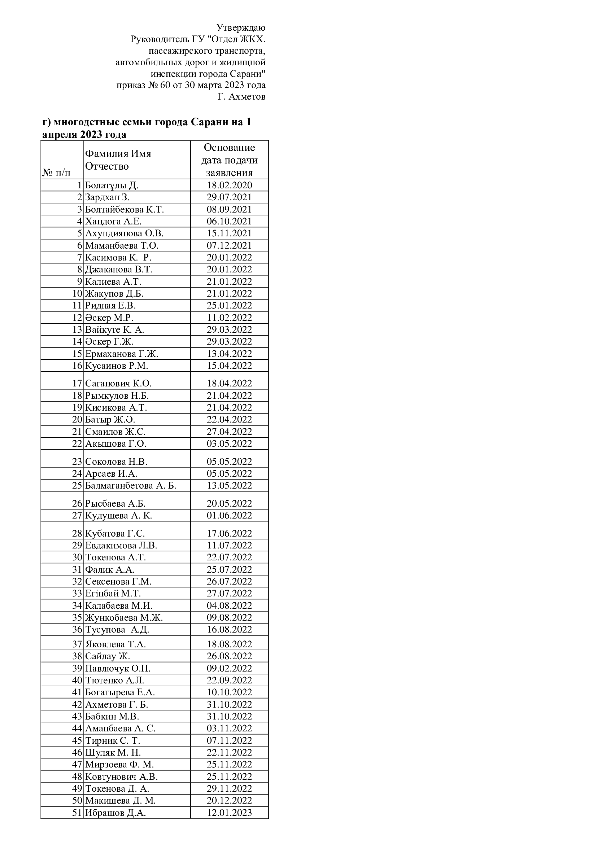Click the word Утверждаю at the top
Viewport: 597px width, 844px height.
[241, 27]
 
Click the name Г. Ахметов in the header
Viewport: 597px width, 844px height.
[241, 97]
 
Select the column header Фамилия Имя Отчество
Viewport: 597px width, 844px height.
[118, 160]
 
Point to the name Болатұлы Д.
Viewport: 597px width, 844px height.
[112, 185]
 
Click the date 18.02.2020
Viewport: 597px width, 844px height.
[229, 185]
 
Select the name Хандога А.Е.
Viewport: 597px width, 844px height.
[113, 221]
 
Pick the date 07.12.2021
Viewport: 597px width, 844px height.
[229, 246]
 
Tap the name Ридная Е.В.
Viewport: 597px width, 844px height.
[110, 306]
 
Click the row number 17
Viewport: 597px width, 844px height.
[77, 384]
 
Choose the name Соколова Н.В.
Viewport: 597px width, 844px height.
[116, 462]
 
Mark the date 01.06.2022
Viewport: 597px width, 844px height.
[229, 515]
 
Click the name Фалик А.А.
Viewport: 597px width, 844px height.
[110, 569]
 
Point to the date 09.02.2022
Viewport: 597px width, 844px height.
[229, 668]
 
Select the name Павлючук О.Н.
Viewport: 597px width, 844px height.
[118, 668]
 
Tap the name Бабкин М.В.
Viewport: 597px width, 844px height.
[112, 717]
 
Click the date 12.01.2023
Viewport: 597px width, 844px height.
[229, 813]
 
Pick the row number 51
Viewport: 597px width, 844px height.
[77, 813]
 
